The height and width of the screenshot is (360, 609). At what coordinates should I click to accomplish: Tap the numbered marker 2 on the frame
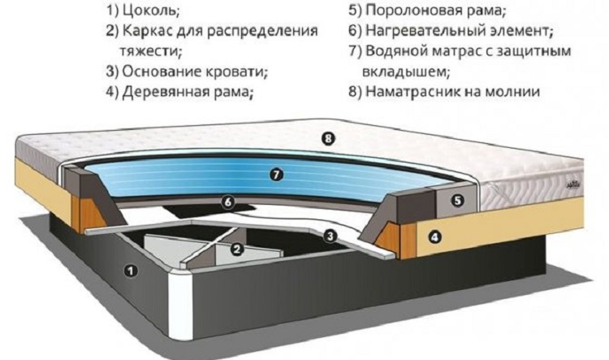coord(236,250)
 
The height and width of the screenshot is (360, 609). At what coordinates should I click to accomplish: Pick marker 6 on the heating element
coord(229,202)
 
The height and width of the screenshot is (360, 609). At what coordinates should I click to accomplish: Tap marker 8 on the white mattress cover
coord(327,139)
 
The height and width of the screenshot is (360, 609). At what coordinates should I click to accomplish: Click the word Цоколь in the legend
coord(154,12)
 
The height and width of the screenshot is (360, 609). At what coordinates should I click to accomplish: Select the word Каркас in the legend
coord(149,31)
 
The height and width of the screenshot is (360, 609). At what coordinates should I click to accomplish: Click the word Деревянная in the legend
coord(168,91)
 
